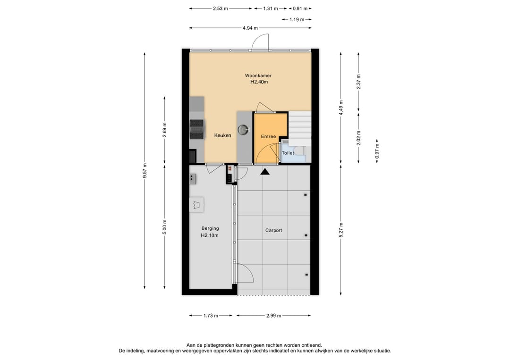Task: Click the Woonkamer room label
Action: tap(258, 75)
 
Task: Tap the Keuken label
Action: tap(223, 135)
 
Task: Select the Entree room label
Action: tap(268, 136)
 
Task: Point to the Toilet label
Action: tap(288, 153)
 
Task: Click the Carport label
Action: tap(273, 230)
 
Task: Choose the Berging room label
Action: tap(210, 228)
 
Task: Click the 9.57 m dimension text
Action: tap(145, 171)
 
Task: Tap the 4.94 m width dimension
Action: tap(250, 28)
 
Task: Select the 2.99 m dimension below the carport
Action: tap(273, 316)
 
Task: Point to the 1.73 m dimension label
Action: tap(211, 316)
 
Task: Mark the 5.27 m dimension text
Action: tap(341, 230)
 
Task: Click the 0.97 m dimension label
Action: tap(377, 151)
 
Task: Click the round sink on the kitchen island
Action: tap(243, 130)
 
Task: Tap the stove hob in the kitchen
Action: tap(197, 129)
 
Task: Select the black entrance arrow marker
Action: tap(265, 172)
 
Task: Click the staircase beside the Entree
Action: tap(300, 128)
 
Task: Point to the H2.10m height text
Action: tap(210, 235)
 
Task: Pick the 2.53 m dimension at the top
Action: tap(220, 9)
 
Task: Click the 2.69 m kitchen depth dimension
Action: tap(165, 130)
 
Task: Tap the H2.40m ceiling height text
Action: tap(259, 82)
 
